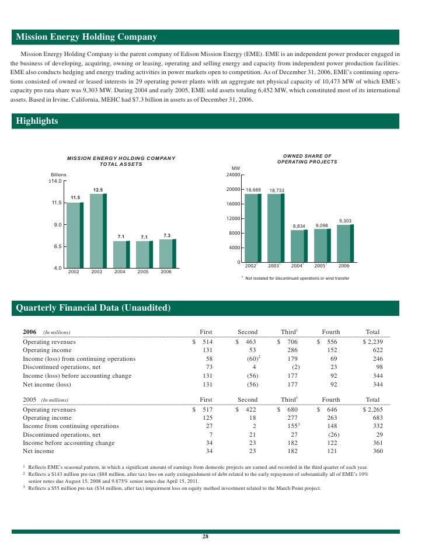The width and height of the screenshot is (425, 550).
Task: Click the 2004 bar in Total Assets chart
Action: pos(120,254)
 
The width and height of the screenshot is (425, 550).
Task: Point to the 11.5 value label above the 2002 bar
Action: pos(75,197)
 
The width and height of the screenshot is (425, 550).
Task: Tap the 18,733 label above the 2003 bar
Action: pos(277,190)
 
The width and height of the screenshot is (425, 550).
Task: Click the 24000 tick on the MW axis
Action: pos(232,175)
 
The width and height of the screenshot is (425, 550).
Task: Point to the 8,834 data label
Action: pos(299,226)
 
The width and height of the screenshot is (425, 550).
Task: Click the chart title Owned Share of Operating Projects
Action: pos(307,159)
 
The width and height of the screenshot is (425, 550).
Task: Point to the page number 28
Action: pos(205,537)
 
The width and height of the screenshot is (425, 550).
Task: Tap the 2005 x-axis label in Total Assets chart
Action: pos(143,271)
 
